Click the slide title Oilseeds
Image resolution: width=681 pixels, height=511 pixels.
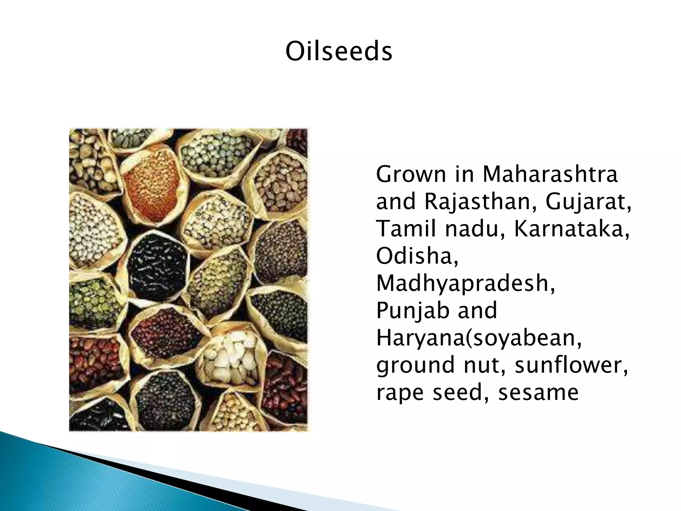[339, 52]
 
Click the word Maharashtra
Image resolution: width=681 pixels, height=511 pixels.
[550, 174]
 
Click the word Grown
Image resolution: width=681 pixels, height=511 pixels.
[411, 174]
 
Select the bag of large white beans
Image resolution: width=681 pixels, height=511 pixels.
[229, 356]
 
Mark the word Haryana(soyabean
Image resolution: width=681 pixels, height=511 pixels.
[479, 338]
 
